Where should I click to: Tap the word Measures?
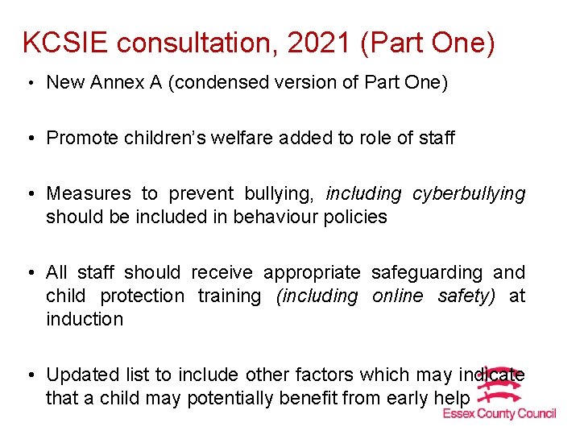[x=89, y=193]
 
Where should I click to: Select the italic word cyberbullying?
[x=469, y=193]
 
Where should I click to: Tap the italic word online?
[x=398, y=296]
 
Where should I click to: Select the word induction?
[x=85, y=319]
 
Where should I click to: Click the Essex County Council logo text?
[x=499, y=414]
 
